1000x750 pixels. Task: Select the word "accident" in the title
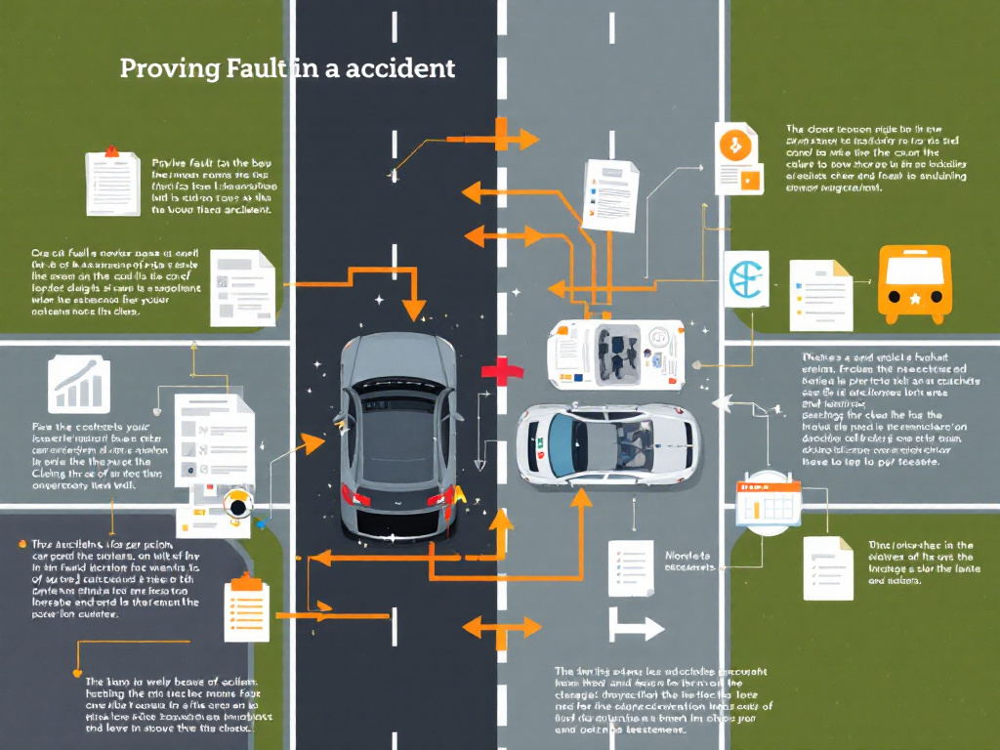point(409,69)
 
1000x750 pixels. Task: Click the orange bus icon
point(915,284)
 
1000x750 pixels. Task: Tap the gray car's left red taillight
point(356,498)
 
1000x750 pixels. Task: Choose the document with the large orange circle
point(737,159)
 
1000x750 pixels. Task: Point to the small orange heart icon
point(77,672)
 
